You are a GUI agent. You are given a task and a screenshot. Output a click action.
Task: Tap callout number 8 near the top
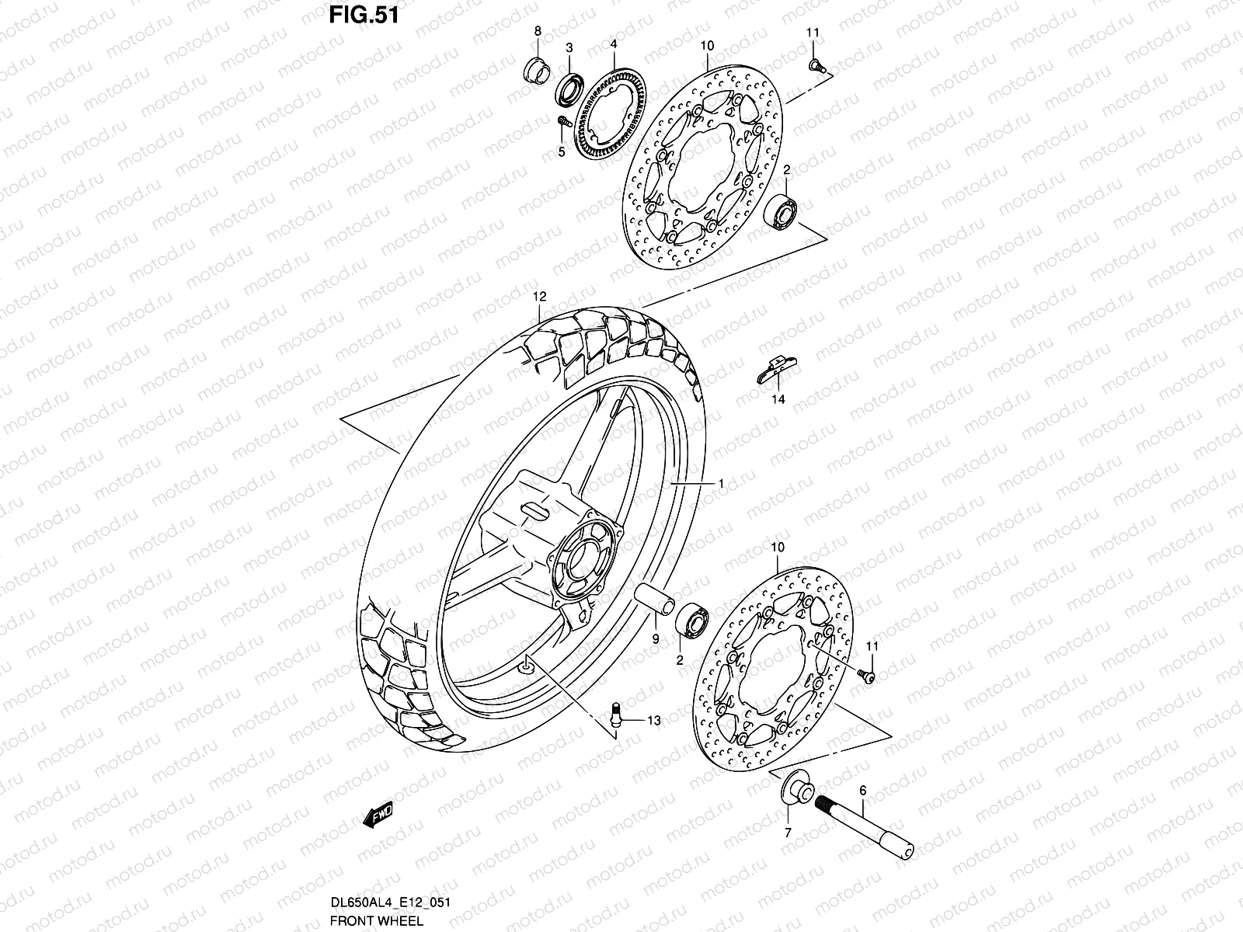pos(537,32)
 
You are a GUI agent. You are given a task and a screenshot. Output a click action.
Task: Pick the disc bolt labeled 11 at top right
pos(815,65)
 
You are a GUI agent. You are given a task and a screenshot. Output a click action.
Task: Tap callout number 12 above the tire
pos(540,297)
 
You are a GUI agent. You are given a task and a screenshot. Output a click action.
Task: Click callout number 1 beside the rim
pos(722,483)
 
